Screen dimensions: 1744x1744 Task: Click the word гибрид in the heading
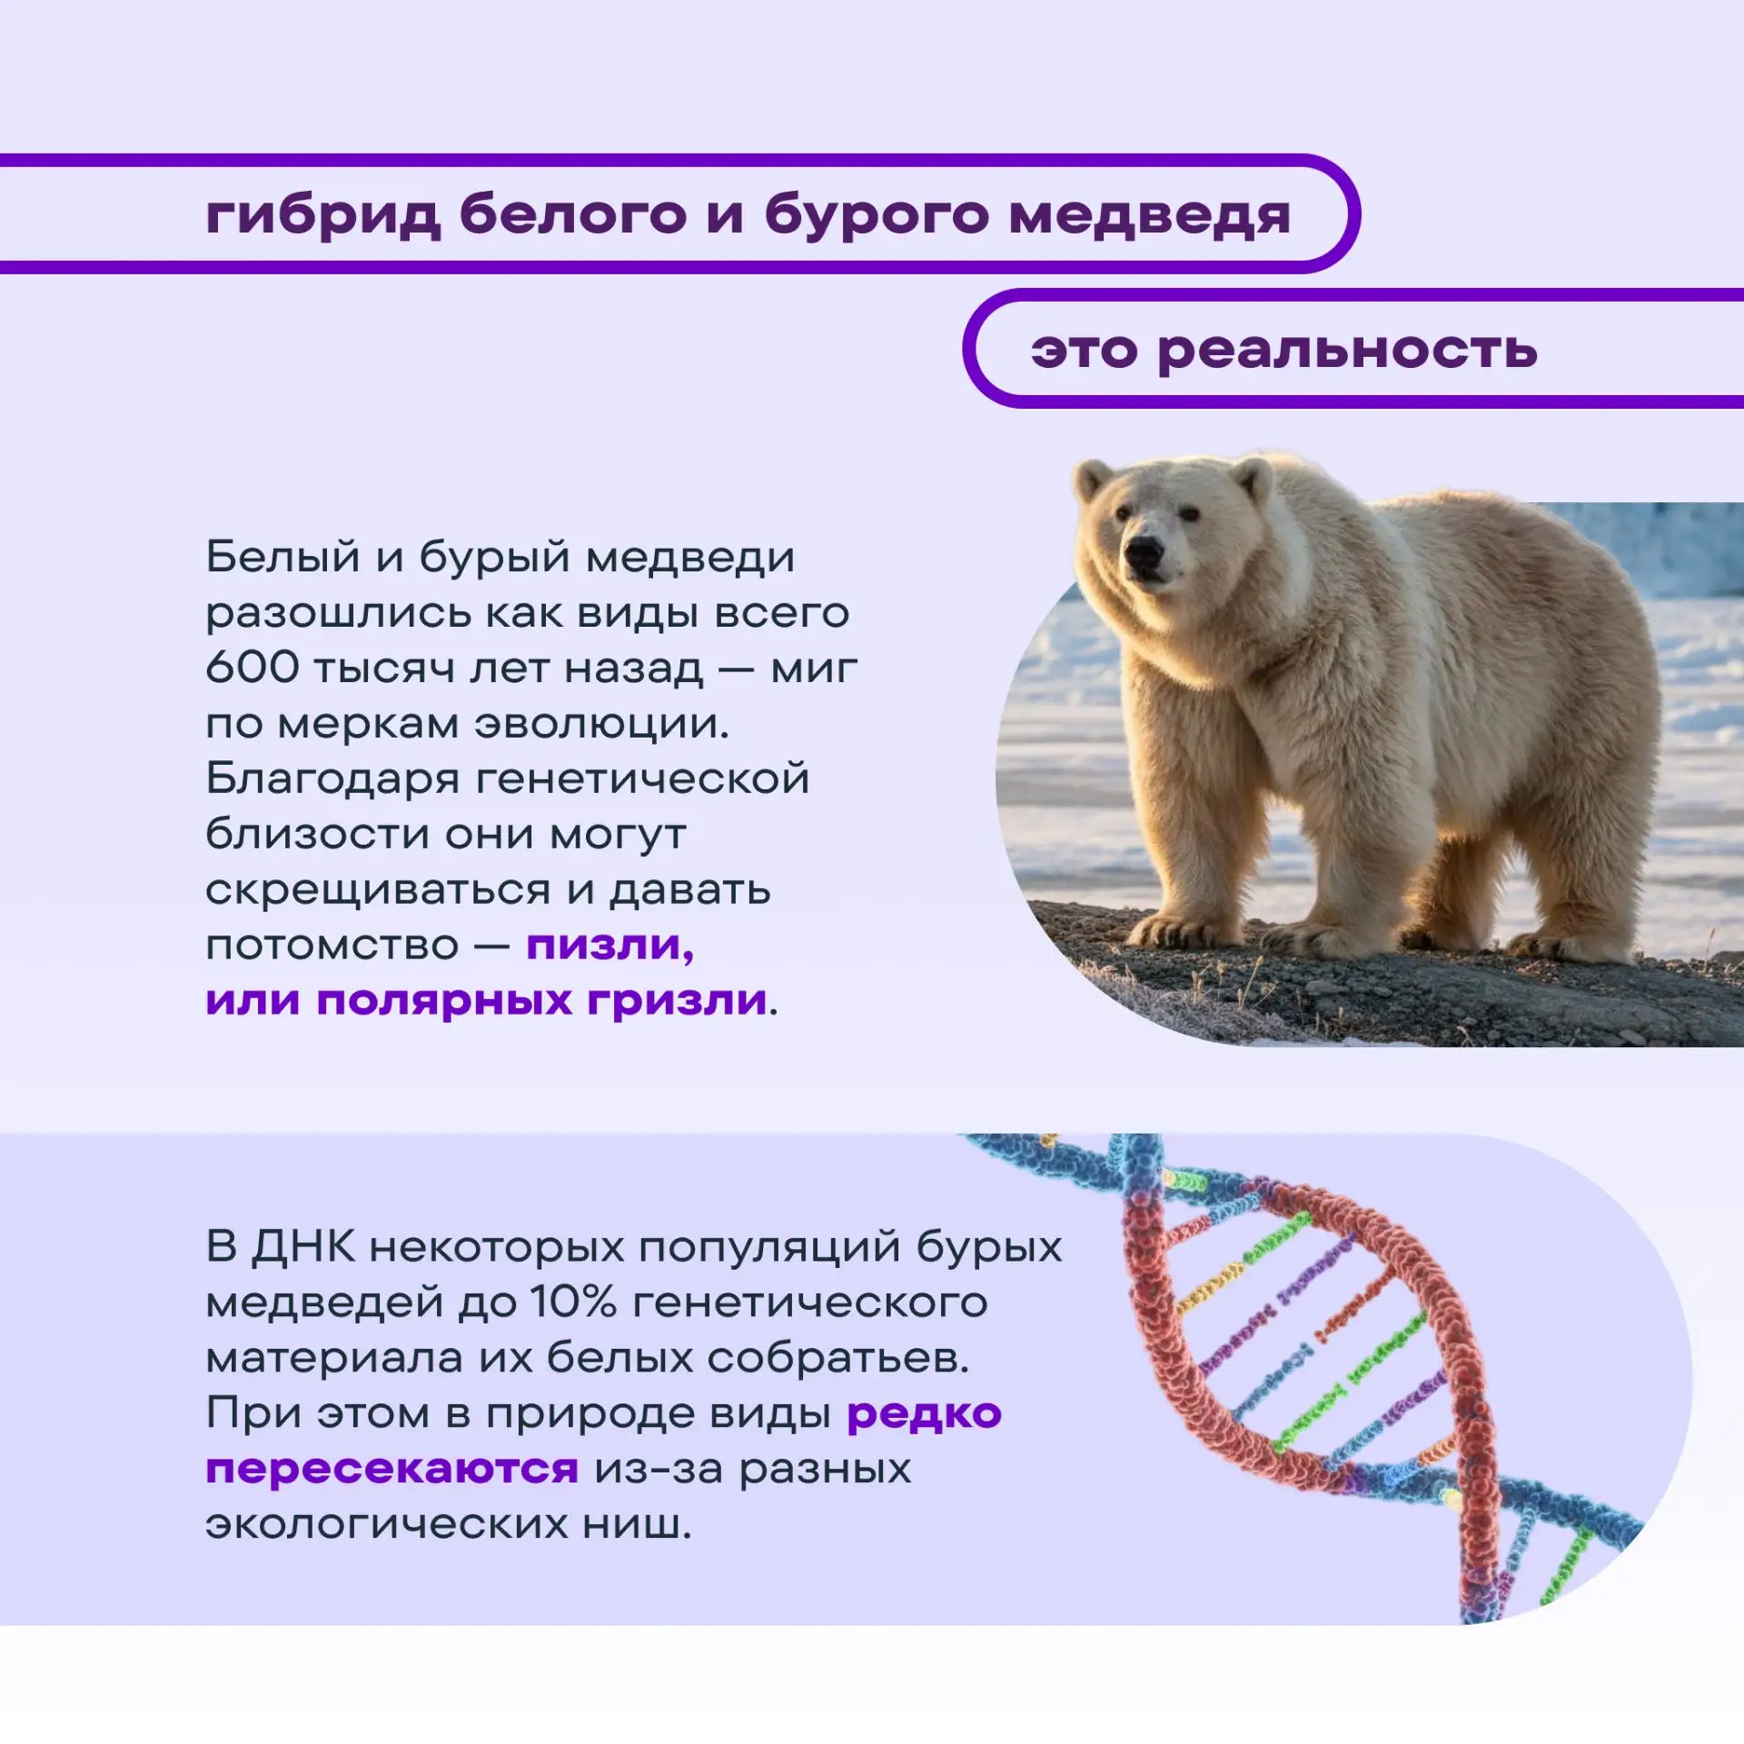tap(323, 215)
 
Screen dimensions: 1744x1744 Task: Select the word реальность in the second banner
tap(1348, 351)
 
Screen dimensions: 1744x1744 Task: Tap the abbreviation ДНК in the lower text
tap(303, 1247)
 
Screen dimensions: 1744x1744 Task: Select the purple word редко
tap(924, 1414)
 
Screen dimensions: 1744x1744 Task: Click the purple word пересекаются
tap(391, 1470)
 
